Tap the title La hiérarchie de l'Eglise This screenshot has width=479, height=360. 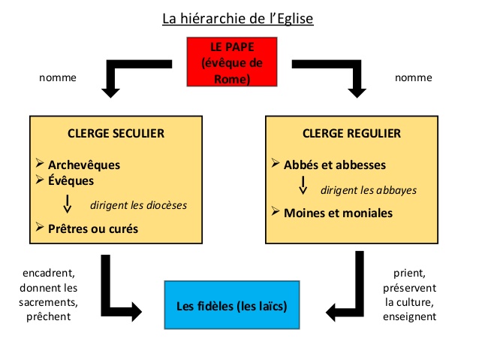[x=238, y=17]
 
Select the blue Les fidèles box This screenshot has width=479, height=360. [x=232, y=307]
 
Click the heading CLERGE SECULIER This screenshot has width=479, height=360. [x=116, y=134]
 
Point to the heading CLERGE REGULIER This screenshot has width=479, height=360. [x=351, y=134]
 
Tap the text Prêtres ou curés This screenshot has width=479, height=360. [x=93, y=228]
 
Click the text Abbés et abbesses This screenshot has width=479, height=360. [x=335, y=165]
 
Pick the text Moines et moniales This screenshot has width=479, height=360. [x=338, y=213]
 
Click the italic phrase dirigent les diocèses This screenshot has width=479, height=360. [x=138, y=205]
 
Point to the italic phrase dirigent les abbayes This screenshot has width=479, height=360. [x=368, y=190]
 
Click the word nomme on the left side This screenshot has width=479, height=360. [x=57, y=77]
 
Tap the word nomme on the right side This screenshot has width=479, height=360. [x=414, y=77]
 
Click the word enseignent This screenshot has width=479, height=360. [x=410, y=316]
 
